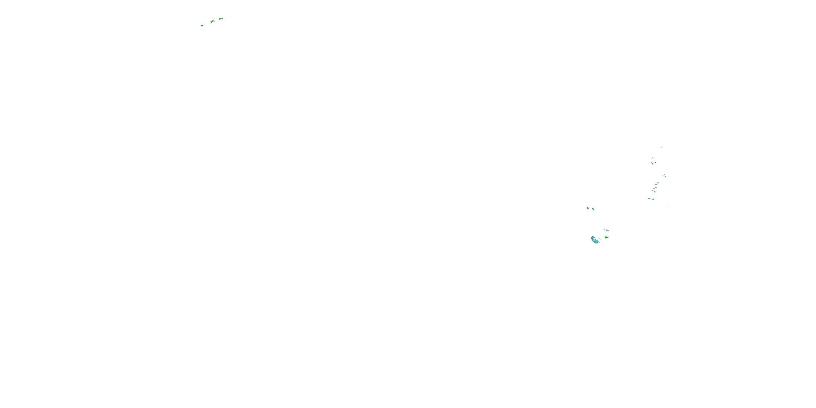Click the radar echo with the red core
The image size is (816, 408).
point(212,21)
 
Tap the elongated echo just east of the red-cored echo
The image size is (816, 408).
point(221,19)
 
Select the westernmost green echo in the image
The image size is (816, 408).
point(202,26)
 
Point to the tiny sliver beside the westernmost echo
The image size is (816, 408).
point(204,24)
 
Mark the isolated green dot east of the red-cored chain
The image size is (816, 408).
point(229,17)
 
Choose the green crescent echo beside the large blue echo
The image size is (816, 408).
point(606,237)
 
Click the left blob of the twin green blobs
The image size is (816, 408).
point(588,208)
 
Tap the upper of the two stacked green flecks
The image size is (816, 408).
point(653,158)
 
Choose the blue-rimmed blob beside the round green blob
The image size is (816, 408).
point(653,164)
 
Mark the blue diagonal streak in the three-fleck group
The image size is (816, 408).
point(663,175)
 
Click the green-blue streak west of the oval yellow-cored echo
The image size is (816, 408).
point(649,198)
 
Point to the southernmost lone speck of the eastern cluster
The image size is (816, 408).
point(670,206)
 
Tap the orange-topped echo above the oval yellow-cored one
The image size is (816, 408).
point(655,192)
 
